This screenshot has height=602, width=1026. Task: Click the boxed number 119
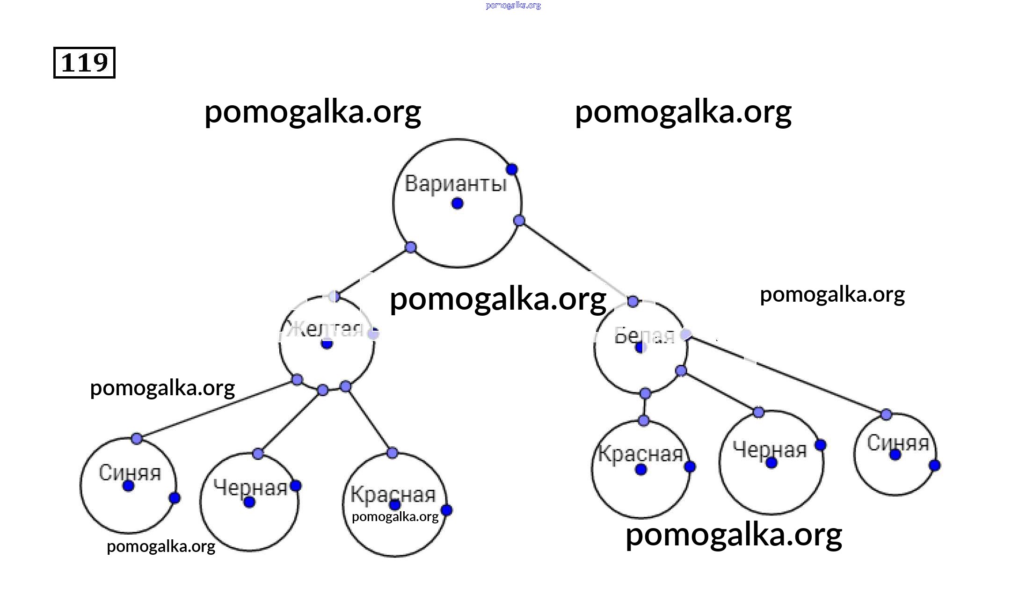[84, 63]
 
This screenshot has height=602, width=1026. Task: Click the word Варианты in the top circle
[456, 183]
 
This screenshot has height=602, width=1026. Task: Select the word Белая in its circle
[644, 335]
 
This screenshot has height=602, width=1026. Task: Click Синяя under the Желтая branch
[130, 472]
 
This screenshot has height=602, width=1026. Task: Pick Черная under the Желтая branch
[250, 487]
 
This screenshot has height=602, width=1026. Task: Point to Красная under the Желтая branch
[393, 494]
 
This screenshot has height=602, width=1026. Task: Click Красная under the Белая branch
[640, 454]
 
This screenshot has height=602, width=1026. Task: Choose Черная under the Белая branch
[770, 450]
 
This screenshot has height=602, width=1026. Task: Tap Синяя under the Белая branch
[897, 443]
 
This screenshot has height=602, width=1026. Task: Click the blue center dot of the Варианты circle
[458, 203]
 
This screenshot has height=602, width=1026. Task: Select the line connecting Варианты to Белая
[575, 261]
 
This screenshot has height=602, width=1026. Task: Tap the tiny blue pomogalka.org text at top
[513, 6]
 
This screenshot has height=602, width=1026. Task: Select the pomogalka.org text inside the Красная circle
[395, 516]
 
